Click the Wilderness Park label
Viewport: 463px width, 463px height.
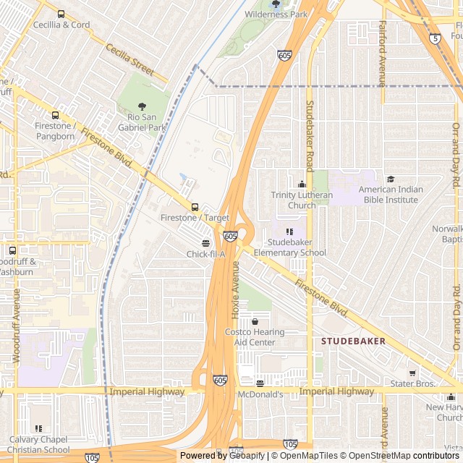(276, 14)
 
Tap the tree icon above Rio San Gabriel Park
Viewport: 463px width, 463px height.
(142, 107)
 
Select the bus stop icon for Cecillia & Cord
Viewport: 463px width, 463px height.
(61, 14)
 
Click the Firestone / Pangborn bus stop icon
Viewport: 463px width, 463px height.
(55, 115)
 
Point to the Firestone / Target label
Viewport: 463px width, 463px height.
(195, 218)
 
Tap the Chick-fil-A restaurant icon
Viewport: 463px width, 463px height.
(206, 243)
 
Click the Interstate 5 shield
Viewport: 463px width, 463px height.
(433, 38)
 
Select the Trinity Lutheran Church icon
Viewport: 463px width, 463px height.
(302, 184)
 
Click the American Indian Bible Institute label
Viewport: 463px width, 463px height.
(391, 195)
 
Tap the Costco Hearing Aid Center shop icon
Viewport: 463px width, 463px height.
(255, 321)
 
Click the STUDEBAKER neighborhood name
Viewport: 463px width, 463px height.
(354, 341)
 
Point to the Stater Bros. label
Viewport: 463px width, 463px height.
(412, 383)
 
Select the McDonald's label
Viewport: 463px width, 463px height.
(260, 394)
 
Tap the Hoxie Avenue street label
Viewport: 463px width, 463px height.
(235, 290)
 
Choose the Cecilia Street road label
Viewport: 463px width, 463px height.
(129, 59)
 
